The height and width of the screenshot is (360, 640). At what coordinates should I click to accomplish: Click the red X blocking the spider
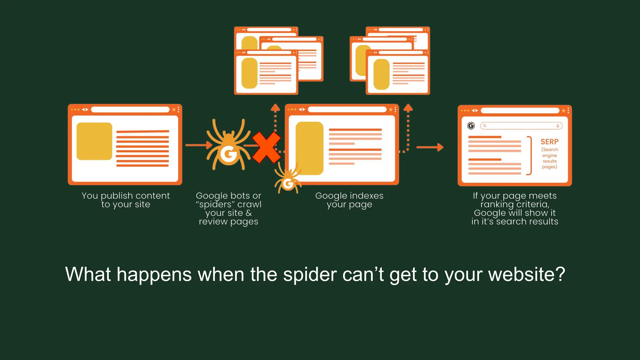pos(266,147)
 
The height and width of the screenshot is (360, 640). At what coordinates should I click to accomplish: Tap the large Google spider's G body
pos(229,154)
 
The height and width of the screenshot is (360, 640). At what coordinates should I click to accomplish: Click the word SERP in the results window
pos(549,142)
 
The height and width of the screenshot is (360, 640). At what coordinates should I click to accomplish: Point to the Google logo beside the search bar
pos(471,126)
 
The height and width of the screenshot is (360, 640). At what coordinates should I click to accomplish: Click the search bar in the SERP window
pos(521,126)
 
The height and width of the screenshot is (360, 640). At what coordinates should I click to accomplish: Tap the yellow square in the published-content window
pos(94,141)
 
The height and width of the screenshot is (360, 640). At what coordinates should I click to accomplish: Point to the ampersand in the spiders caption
pos(249,213)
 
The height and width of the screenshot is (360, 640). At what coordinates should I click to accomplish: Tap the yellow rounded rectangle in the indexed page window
pos(309,148)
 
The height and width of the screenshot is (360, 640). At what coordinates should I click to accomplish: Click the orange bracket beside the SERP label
pos(529,155)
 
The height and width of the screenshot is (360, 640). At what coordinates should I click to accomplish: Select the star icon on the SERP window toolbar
pos(563,111)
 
